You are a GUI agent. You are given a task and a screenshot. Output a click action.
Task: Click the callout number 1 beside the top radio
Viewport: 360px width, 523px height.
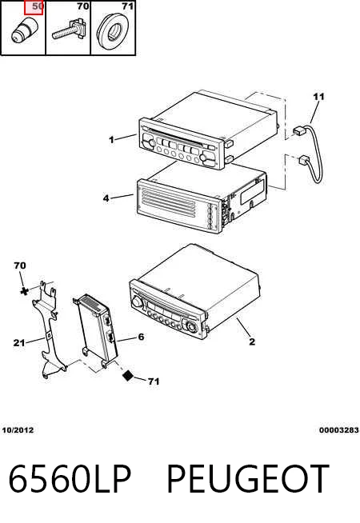click(111, 139)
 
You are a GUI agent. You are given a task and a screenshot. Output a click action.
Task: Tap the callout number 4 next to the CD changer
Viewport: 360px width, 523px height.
click(106, 198)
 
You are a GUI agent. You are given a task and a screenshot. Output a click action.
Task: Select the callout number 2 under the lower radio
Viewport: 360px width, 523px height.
click(252, 341)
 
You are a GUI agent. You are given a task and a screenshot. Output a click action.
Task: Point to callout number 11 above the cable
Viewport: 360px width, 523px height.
click(318, 97)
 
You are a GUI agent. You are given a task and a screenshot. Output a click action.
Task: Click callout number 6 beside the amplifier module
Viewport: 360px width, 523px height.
click(141, 337)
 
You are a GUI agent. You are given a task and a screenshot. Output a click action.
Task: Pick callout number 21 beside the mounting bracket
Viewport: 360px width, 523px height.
click(19, 342)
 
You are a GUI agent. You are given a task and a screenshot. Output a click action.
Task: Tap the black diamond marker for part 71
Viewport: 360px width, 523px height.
click(128, 376)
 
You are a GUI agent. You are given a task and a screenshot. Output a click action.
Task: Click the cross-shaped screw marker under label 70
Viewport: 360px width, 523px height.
click(24, 291)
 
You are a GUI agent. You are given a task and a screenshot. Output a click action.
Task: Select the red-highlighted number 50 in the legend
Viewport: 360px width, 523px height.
click(34, 7)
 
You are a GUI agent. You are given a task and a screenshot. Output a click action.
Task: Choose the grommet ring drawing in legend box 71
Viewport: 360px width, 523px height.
click(113, 31)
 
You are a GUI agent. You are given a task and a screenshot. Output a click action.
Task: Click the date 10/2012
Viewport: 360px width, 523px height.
click(18, 430)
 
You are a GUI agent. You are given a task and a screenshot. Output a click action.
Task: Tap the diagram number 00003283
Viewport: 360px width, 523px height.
click(339, 430)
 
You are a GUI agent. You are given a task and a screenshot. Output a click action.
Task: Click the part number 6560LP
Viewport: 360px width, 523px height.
click(70, 479)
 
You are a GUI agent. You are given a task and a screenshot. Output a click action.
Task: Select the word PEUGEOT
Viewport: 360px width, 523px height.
click(248, 479)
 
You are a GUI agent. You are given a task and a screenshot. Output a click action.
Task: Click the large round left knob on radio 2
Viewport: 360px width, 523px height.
click(137, 301)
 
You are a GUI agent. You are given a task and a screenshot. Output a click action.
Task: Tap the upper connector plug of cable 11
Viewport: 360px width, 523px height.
click(299, 130)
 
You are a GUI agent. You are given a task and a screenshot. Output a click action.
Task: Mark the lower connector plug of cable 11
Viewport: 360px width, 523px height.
click(304, 160)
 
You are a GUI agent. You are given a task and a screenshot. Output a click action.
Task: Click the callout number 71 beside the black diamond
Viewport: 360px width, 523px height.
click(154, 381)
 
